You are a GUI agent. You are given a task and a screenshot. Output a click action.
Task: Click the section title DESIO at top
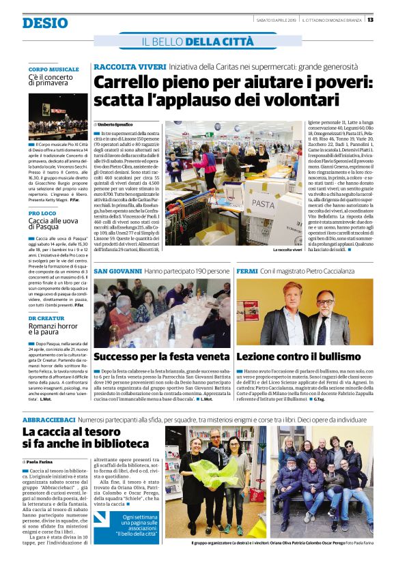click(45, 23)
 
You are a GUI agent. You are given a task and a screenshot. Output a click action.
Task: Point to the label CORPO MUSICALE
click(54, 70)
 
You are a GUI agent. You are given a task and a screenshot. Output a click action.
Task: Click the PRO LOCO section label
click(42, 214)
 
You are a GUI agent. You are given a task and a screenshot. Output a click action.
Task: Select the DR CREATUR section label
click(47, 318)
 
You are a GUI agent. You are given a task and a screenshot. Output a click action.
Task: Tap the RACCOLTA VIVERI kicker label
click(130, 67)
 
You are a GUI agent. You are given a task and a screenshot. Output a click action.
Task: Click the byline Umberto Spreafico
click(115, 125)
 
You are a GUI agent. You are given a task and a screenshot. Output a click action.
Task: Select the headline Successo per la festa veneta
click(161, 356)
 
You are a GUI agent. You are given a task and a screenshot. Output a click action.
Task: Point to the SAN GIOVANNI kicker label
click(117, 272)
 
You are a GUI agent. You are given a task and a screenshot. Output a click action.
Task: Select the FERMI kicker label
click(247, 272)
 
